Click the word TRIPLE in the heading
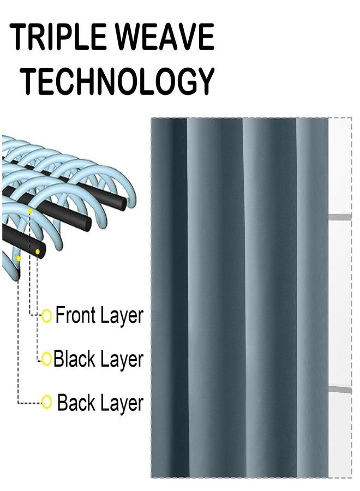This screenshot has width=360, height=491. pos(58,37)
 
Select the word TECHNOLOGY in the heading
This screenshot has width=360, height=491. pos(119,81)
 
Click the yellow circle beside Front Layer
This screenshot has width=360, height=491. pos(47,316)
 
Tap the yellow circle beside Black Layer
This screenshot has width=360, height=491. pos(46,358)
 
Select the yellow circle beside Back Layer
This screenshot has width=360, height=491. pos(47,402)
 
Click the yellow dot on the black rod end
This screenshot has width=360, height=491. pos(38,252)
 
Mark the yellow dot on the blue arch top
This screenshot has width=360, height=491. pos(30,211)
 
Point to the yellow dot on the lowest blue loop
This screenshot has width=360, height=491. pos(19,259)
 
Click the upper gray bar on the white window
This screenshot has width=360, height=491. pos(340,217)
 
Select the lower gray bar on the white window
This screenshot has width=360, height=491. pos(340,390)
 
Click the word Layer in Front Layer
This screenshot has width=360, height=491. pos(122,316)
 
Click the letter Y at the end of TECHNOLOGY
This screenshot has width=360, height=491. pos(205,81)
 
